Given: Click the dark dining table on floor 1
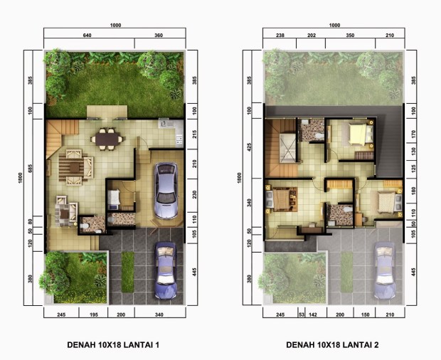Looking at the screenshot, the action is pyautogui.click(x=107, y=139).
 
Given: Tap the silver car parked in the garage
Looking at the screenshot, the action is pyautogui.click(x=166, y=191).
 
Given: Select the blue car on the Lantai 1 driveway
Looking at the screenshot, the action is pyautogui.click(x=166, y=270).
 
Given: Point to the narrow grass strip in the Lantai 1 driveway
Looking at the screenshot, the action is pyautogui.click(x=127, y=272).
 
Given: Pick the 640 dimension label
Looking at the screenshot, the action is pyautogui.click(x=87, y=36).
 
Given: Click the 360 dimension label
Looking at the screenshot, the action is pyautogui.click(x=159, y=36).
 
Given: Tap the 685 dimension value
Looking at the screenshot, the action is pyautogui.click(x=31, y=169).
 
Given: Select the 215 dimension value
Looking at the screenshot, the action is pyautogui.click(x=194, y=134).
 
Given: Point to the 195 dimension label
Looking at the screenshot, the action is pyautogui.click(x=93, y=314).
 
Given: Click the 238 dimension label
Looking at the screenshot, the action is pyautogui.click(x=280, y=36).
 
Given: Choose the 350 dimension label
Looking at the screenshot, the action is pyautogui.click(x=350, y=36).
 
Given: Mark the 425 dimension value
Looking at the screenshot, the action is pyautogui.click(x=249, y=147).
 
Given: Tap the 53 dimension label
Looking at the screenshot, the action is pyautogui.click(x=302, y=314).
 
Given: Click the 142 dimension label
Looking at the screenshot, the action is pyautogui.click(x=313, y=314).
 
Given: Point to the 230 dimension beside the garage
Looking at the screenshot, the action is pyautogui.click(x=194, y=195).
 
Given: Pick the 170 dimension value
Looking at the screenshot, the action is pyautogui.click(x=413, y=134).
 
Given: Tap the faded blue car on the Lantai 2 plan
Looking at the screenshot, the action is pyautogui.click(x=385, y=270).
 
